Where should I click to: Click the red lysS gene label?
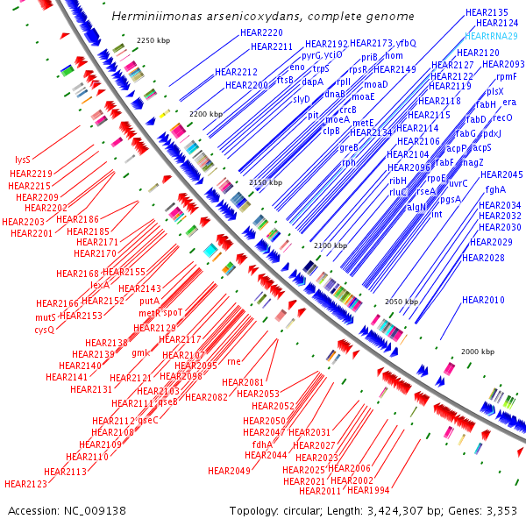[23, 160]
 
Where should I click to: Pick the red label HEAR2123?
[25, 483]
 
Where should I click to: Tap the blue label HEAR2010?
[483, 301]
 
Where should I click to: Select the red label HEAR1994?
[369, 490]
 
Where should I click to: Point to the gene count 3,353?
[502, 510]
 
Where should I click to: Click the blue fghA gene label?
[495, 189]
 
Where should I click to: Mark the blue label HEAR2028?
[483, 258]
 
